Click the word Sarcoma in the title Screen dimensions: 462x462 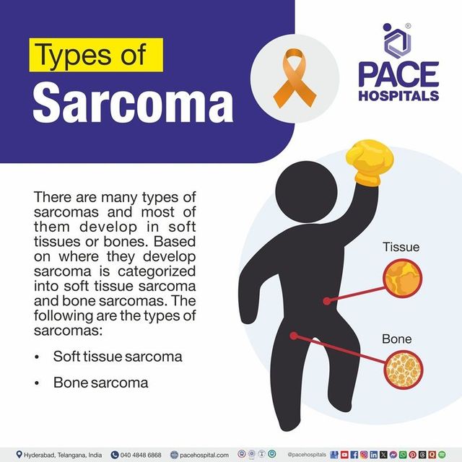coord(134,103)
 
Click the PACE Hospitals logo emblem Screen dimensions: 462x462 coord(396,41)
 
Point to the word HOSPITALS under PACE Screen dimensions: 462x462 coord(398,95)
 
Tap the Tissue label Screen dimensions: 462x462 coord(401,248)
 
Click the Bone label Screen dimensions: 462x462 coord(398,339)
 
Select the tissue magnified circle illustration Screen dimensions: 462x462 coord(401,282)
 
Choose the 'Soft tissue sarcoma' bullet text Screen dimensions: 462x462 coord(118,357)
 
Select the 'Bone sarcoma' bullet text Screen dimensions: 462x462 coord(100,383)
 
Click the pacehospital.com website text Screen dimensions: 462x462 coord(204,455)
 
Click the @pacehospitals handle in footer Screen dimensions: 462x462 coord(308,455)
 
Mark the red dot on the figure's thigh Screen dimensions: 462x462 coord(293,334)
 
